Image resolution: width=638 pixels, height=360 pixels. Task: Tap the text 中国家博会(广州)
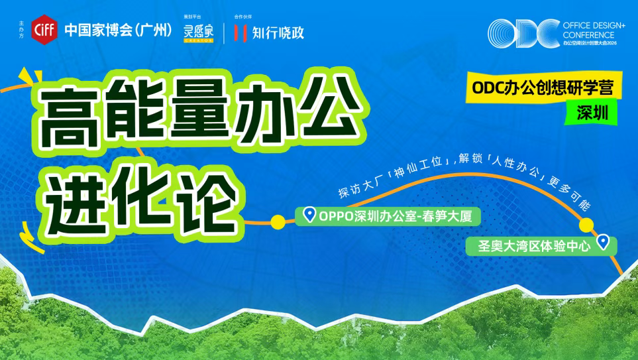(118, 30)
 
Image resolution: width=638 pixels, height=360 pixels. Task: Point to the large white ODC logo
(522, 32)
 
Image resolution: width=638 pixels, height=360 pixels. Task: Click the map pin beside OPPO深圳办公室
(309, 215)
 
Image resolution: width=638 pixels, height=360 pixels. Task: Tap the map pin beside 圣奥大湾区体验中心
(603, 242)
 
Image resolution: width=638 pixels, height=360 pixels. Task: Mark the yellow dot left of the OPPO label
(278, 221)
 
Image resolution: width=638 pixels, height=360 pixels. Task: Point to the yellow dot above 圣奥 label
(585, 225)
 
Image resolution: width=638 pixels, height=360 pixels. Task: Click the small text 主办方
(22, 30)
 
